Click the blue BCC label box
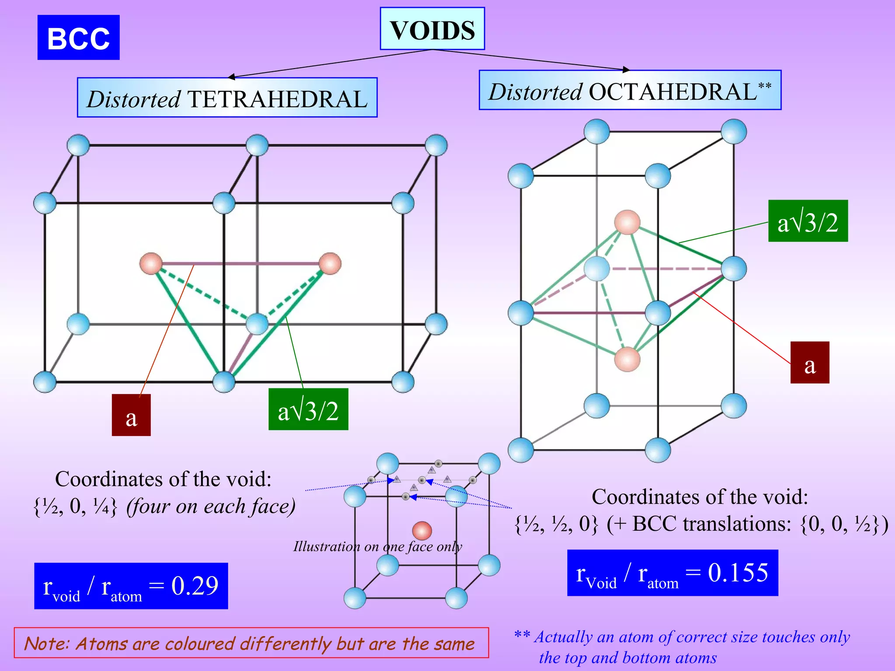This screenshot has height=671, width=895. coord(78,38)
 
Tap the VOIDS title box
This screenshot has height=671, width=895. coord(432,29)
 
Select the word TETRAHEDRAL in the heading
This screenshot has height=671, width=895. coord(278,99)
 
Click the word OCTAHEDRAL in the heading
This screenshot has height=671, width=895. coord(673,92)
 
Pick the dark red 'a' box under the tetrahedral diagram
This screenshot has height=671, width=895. coord(131,415)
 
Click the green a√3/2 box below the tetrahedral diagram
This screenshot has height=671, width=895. coord(308,409)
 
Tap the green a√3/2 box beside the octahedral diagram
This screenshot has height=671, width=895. coord(808,221)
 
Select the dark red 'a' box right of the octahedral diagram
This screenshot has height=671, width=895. coord(809,363)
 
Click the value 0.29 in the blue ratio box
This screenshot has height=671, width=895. coord(195,586)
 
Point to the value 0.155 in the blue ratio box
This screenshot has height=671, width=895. coord(738,572)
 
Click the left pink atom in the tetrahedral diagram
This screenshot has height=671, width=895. coord(151,263)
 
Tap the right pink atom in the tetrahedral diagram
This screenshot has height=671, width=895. coord(330,263)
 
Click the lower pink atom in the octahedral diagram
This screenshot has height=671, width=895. coord(627,359)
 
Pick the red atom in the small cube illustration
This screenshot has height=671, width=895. coord(422,531)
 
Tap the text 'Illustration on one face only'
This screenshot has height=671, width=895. coord(378,546)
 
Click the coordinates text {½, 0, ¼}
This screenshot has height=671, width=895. coord(75,507)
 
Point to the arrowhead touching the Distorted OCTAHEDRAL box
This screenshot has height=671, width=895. coord(626,69)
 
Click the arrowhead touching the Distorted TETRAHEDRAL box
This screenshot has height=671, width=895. coord(232,77)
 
